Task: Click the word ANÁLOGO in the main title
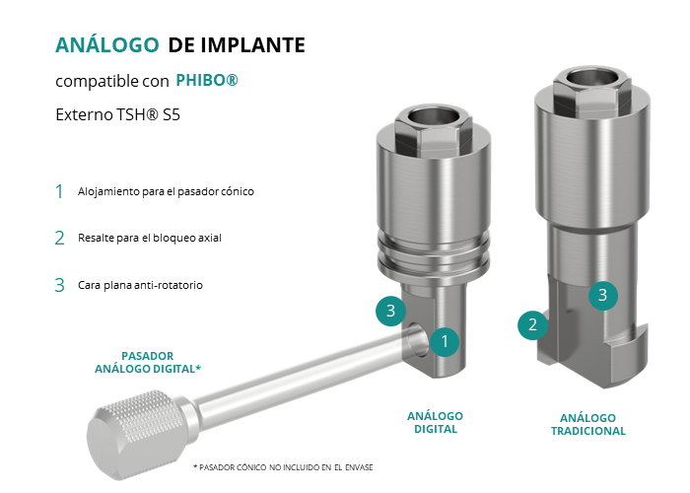pyautogui.click(x=106, y=44)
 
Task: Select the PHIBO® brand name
pyautogui.click(x=207, y=80)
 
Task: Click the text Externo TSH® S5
pyautogui.click(x=118, y=115)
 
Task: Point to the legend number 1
pyautogui.click(x=59, y=191)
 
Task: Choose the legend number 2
pyautogui.click(x=59, y=239)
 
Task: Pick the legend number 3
pyautogui.click(x=59, y=285)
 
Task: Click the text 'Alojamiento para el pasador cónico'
pyautogui.click(x=166, y=191)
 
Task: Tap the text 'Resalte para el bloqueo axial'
pyautogui.click(x=150, y=238)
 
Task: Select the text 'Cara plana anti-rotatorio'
pyautogui.click(x=140, y=285)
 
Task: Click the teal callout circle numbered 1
pyautogui.click(x=445, y=341)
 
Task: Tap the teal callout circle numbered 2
pyautogui.click(x=532, y=324)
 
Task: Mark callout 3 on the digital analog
pyautogui.click(x=390, y=311)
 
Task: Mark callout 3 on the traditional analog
pyautogui.click(x=603, y=295)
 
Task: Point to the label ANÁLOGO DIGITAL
pyautogui.click(x=436, y=423)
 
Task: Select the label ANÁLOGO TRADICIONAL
pyautogui.click(x=587, y=424)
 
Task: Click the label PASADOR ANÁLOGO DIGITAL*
pyautogui.click(x=148, y=362)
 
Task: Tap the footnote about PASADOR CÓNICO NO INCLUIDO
pyautogui.click(x=283, y=467)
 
